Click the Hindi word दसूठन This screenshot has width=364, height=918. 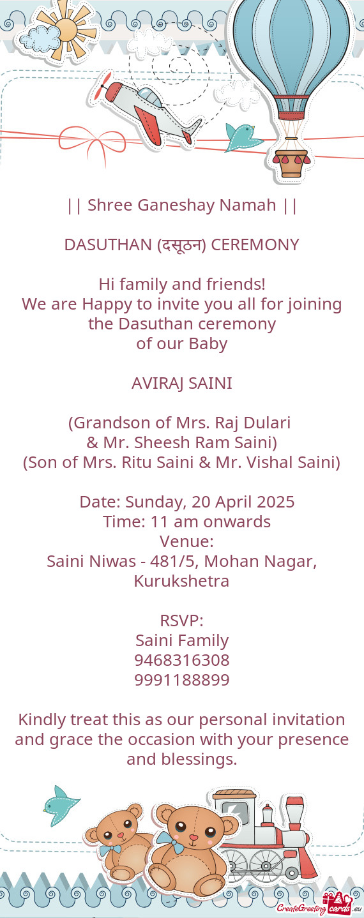[181, 245]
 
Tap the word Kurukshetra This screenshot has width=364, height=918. [181, 582]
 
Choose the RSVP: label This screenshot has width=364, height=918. [182, 621]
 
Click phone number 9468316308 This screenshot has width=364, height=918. [182, 660]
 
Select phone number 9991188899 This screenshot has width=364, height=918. [182, 680]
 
